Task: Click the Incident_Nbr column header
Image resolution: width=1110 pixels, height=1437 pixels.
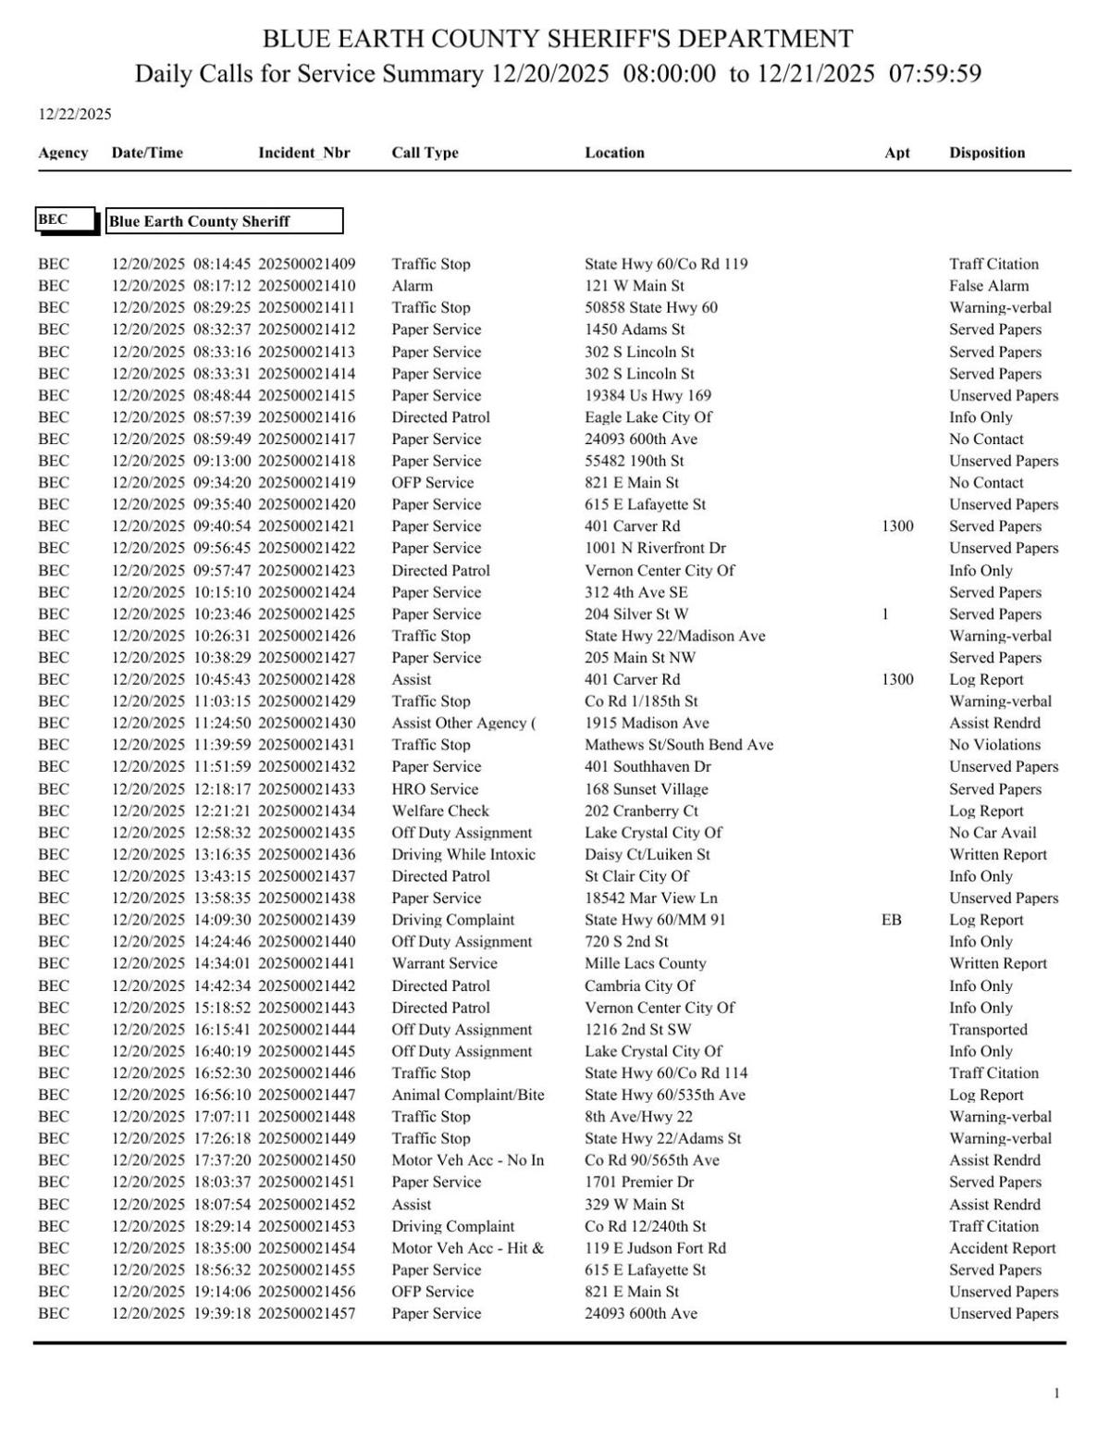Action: click(x=303, y=153)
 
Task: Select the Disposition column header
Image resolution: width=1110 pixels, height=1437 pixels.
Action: click(x=986, y=153)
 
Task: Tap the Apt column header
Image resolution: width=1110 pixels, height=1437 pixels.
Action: click(x=896, y=153)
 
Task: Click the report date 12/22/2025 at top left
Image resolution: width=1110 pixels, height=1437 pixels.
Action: click(x=74, y=115)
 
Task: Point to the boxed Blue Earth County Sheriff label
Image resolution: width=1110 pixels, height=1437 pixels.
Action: click(x=224, y=221)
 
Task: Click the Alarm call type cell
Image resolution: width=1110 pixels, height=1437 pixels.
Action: click(x=412, y=286)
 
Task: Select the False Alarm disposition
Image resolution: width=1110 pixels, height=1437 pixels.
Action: click(x=988, y=286)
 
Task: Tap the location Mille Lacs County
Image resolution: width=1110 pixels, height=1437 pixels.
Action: click(x=645, y=963)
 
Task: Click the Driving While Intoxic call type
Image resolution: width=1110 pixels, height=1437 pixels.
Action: click(x=462, y=854)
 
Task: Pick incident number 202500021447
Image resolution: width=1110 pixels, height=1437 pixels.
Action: click(x=306, y=1095)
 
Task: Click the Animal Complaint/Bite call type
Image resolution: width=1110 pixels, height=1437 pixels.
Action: click(x=467, y=1095)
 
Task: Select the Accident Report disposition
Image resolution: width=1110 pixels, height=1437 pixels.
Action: click(x=1002, y=1248)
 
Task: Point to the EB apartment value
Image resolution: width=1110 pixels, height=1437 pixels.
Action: click(x=891, y=920)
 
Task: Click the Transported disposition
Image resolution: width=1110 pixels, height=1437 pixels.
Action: click(x=987, y=1029)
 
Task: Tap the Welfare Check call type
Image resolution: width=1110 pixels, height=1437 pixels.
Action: click(x=439, y=811)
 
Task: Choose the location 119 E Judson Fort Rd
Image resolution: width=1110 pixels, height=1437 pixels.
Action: click(x=655, y=1248)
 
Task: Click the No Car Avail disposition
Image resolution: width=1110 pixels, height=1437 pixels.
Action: click(x=993, y=833)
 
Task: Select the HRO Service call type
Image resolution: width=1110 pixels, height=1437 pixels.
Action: click(x=435, y=789)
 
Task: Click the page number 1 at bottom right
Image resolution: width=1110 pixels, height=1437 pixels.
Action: click(x=1056, y=1394)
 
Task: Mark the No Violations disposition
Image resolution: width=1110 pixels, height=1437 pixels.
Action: click(x=994, y=745)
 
